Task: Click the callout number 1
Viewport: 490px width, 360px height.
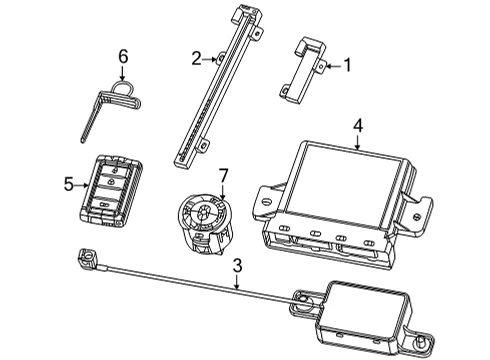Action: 347,65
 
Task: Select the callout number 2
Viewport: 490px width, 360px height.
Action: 196,59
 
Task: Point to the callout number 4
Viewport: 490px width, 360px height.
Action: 358,126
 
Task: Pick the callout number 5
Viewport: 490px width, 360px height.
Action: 69,184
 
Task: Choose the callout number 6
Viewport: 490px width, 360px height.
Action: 123,56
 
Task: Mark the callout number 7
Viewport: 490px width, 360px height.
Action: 223,176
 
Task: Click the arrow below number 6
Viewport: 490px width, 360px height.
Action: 122,73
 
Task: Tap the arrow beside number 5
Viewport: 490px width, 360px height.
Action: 82,185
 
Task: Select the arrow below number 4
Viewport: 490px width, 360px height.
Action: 358,142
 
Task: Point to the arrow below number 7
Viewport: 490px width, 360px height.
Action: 223,192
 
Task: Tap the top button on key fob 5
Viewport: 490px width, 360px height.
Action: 114,168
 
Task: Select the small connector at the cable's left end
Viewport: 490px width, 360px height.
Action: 87,258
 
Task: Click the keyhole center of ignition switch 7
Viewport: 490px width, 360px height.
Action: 202,212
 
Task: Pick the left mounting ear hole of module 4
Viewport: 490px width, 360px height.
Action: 266,202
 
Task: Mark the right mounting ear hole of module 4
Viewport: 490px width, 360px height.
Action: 416,217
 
